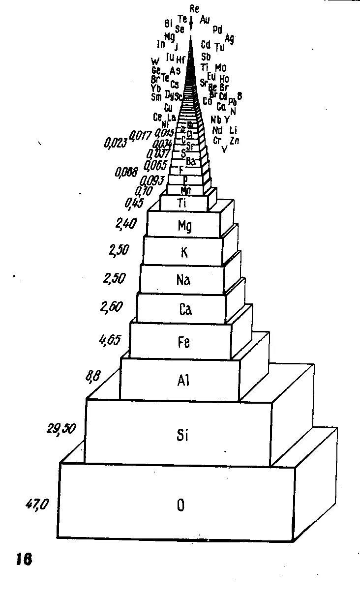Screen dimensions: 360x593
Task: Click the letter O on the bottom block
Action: point(181,505)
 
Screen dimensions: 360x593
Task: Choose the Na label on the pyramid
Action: point(183,280)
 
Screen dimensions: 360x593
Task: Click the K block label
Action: point(184,252)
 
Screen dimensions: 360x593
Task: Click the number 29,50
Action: point(61,429)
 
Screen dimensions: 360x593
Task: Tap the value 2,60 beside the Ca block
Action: point(111,307)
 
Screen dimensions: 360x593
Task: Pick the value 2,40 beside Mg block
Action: point(125,224)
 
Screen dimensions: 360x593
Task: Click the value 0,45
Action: point(135,203)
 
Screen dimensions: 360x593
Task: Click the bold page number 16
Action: point(24,559)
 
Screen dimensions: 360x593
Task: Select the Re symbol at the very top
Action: point(194,8)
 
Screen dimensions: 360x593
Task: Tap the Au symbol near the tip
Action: point(205,20)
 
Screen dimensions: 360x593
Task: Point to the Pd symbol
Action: point(217,30)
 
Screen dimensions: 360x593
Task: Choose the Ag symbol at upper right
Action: point(229,38)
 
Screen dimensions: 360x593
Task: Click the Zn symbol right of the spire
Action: point(235,141)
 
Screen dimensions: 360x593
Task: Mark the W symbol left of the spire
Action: point(155,61)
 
